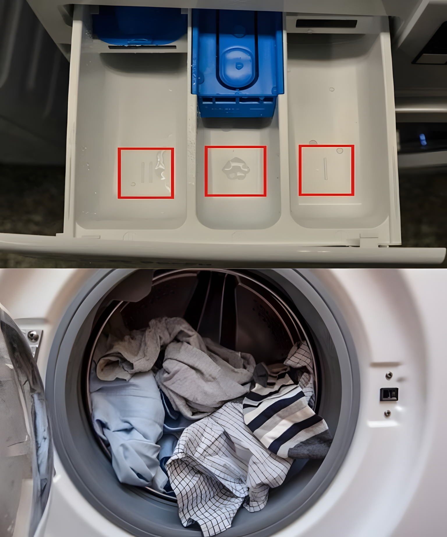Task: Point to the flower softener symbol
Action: (x=236, y=168)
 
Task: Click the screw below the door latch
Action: (x=387, y=412)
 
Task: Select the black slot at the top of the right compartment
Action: (x=326, y=23)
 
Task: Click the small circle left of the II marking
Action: (x=133, y=184)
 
